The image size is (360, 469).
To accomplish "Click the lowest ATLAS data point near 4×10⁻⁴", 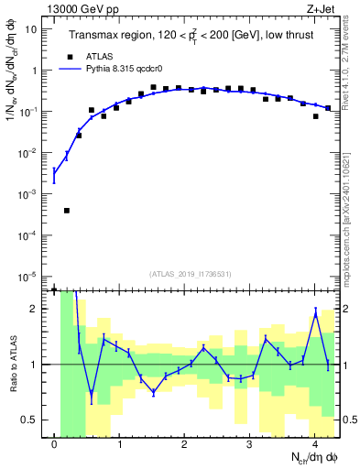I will (x=67, y=211).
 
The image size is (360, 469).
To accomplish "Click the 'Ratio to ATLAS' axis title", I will (x=12, y=364).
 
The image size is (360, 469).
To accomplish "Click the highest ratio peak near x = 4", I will (x=315, y=312).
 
